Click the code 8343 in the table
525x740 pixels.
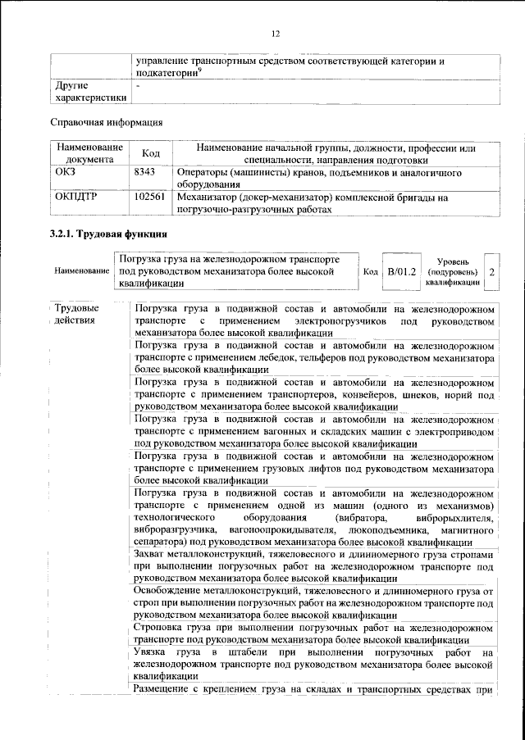click(144, 174)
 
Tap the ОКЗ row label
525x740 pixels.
click(65, 174)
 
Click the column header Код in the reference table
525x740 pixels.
click(150, 153)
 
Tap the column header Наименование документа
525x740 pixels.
click(89, 153)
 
